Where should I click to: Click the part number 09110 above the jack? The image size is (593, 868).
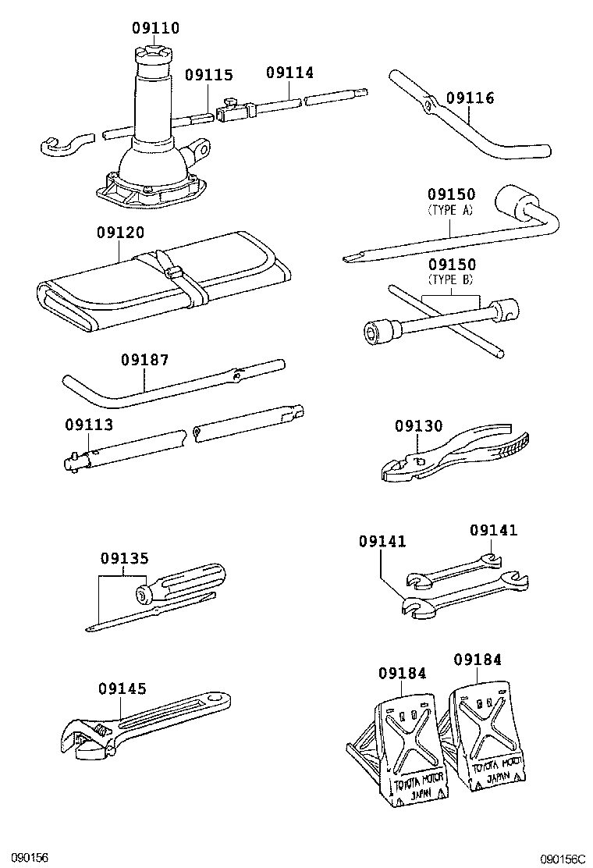coord(155,28)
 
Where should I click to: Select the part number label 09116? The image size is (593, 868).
coord(470,98)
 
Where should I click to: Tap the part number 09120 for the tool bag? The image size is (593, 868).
coord(120,233)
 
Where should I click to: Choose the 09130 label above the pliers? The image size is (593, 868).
coord(418,425)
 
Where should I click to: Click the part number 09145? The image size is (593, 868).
coord(122,688)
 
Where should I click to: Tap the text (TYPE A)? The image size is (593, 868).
coord(451,209)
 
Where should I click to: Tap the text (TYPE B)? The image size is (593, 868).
coord(451,279)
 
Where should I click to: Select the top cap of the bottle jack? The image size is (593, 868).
coord(153,56)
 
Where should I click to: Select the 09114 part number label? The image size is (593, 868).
coord(289,73)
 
